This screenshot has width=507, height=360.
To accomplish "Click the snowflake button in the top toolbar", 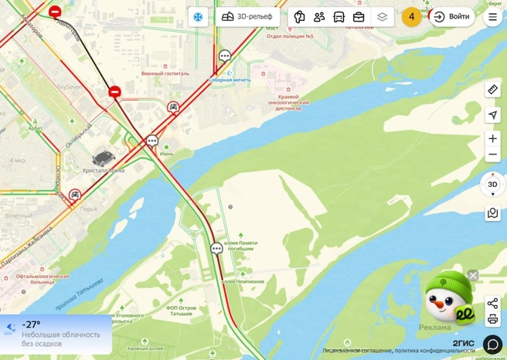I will (198, 16).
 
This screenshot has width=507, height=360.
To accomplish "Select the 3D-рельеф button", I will (247, 16).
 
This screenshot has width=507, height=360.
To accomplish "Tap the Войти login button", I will (451, 16).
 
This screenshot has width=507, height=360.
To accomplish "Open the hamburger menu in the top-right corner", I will (492, 16).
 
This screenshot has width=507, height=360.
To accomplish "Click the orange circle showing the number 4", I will (412, 16).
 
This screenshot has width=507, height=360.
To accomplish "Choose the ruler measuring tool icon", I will (492, 90).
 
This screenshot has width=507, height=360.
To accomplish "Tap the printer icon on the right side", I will (492, 319).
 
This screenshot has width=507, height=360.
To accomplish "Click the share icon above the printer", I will (492, 303).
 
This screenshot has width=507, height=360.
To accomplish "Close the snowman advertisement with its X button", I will (473, 275).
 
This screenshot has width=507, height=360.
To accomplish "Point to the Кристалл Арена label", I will (104, 170).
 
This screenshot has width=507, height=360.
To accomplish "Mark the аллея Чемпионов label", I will (243, 281).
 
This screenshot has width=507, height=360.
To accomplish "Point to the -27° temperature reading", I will (32, 324).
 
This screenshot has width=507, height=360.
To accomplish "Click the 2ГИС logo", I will (463, 343).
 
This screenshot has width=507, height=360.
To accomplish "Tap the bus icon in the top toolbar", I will (339, 16).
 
